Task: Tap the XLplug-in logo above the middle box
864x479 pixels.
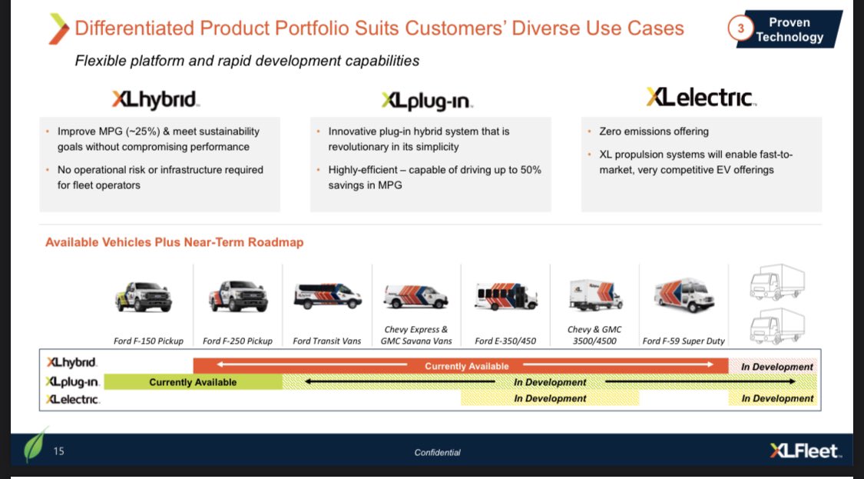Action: coord(426,101)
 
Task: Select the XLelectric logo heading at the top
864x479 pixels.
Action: coord(700,98)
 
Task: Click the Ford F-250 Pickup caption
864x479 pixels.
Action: coord(237,341)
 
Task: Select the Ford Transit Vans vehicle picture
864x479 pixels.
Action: coord(327,295)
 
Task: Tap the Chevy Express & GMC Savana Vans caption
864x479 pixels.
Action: coord(416,335)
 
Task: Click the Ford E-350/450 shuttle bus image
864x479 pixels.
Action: coord(505,296)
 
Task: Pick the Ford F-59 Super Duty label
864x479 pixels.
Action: coord(684,341)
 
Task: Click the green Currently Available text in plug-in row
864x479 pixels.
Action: coord(193,382)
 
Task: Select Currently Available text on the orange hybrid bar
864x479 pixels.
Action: coord(467,367)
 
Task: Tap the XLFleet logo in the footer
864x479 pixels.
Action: coord(805,451)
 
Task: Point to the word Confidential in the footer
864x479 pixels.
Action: coord(437,452)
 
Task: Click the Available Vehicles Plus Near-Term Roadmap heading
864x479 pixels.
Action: coord(174,242)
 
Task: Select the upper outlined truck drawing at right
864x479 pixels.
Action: coord(776,281)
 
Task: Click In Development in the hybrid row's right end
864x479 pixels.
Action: coord(776,367)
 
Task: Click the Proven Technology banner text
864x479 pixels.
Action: coord(790,29)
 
